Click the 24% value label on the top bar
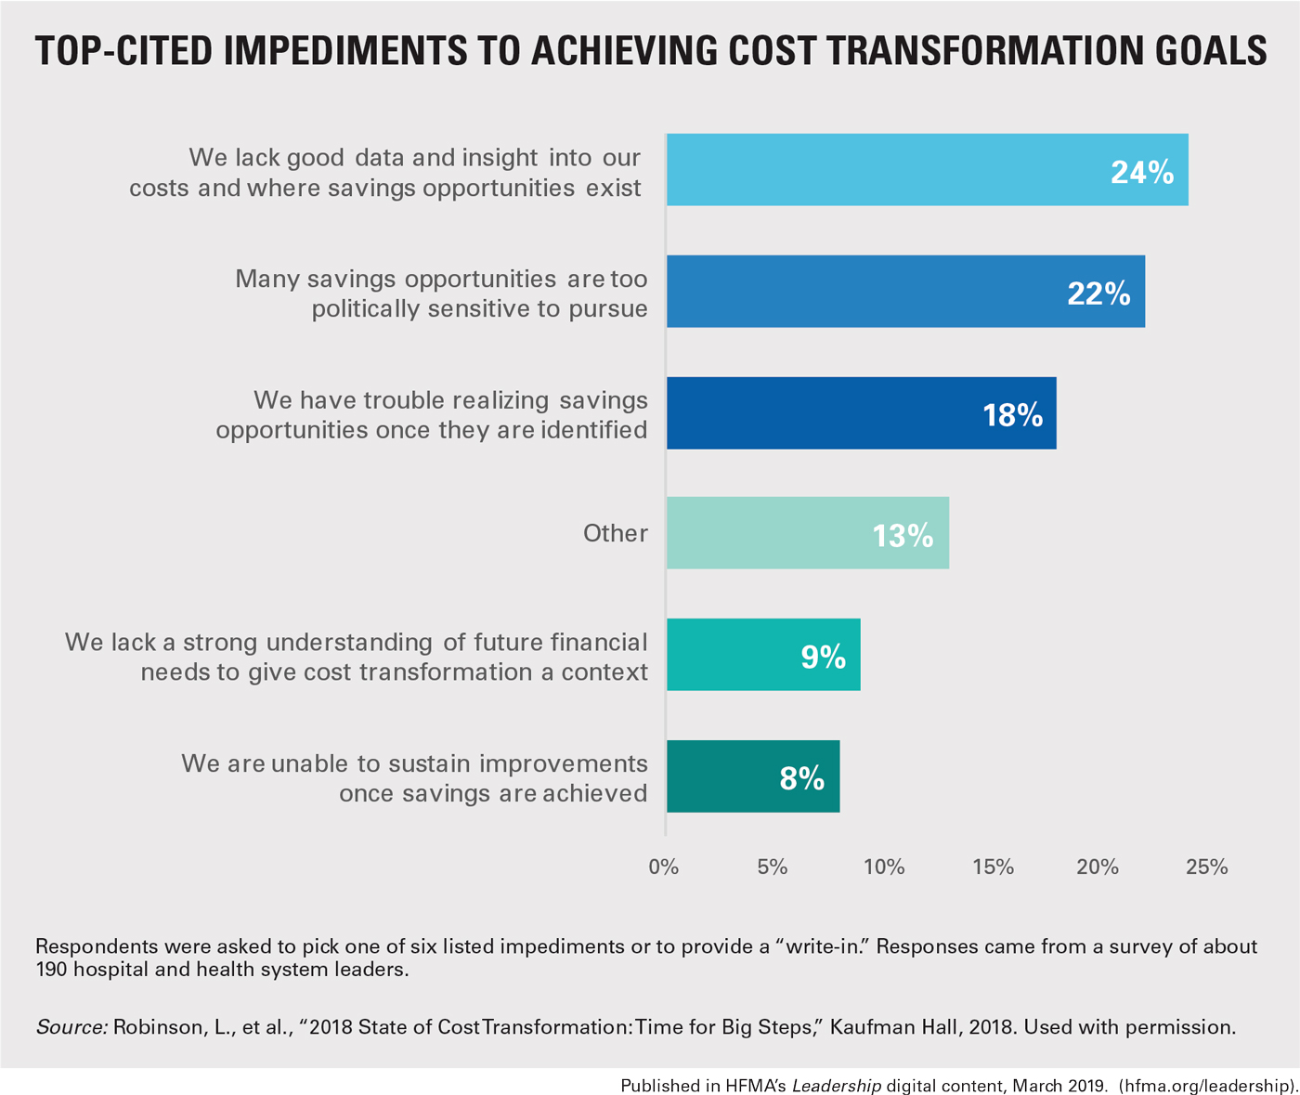pos(1142,172)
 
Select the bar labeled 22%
pos(905,292)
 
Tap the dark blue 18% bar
pos(861,413)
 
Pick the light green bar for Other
pos(807,533)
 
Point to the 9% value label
pos(824,657)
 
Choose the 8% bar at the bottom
pos(752,776)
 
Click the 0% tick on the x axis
pos(664,867)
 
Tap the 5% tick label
pos(773,867)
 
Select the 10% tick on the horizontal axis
pos(884,867)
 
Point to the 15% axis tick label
pos(993,867)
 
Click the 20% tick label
pos(1098,867)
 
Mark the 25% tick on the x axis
pos(1207,867)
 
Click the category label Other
pos(615,533)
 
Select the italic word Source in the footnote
pos(71,1027)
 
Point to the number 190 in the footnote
pos(51,970)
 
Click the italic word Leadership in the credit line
pos(837,1086)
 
